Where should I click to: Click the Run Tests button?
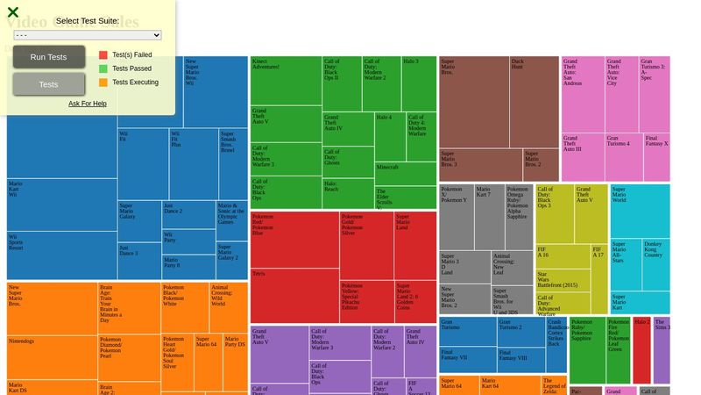pyautogui.click(x=49, y=57)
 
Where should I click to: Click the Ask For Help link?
pyautogui.click(x=88, y=104)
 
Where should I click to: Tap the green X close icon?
pyautogui.click(x=13, y=12)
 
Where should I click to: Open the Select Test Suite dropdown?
pyautogui.click(x=88, y=35)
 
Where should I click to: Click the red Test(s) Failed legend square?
pyautogui.click(x=103, y=54)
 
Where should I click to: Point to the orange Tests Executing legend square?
pyautogui.click(x=103, y=83)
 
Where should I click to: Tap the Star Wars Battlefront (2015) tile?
pyautogui.click(x=562, y=281)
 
